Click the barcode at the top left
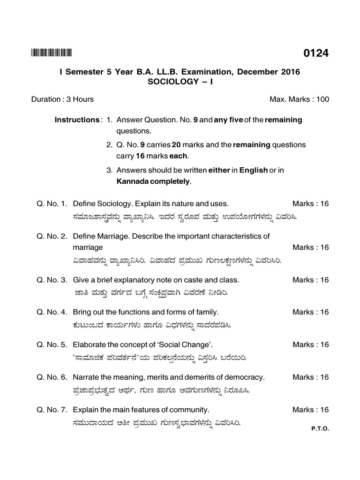(52, 53)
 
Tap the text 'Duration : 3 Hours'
(62, 99)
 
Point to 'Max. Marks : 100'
(299, 99)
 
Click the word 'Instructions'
(76, 120)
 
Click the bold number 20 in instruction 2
(176, 145)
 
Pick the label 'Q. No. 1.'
(52, 204)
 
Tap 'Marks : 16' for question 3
(310, 280)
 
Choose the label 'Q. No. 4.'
(52, 312)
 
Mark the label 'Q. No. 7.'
(52, 410)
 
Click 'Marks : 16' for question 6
(310, 377)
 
